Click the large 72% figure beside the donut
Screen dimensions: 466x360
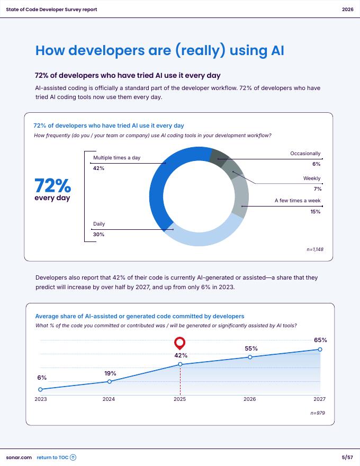[x=52, y=186]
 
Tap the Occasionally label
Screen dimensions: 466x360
[x=305, y=154]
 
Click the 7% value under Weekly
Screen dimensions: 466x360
[x=317, y=189]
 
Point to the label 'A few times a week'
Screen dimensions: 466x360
[x=297, y=201]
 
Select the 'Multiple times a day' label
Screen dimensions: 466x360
[x=116, y=158]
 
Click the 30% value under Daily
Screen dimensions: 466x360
[x=98, y=235]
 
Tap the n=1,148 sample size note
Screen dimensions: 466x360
[x=314, y=249]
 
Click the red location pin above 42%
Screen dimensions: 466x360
[x=180, y=343]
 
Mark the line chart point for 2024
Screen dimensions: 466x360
[x=110, y=381]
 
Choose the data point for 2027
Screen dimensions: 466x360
[x=320, y=349]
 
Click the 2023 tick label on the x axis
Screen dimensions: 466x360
[x=41, y=399]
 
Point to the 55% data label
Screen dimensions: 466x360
[x=251, y=348]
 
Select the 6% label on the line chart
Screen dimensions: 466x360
[x=42, y=378]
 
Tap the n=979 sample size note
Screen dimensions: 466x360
[x=318, y=413]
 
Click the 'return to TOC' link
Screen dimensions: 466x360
[x=56, y=458]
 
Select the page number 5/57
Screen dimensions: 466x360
[x=347, y=458]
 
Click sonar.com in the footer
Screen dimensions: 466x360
[x=19, y=458]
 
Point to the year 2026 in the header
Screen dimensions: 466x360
[x=347, y=10]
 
